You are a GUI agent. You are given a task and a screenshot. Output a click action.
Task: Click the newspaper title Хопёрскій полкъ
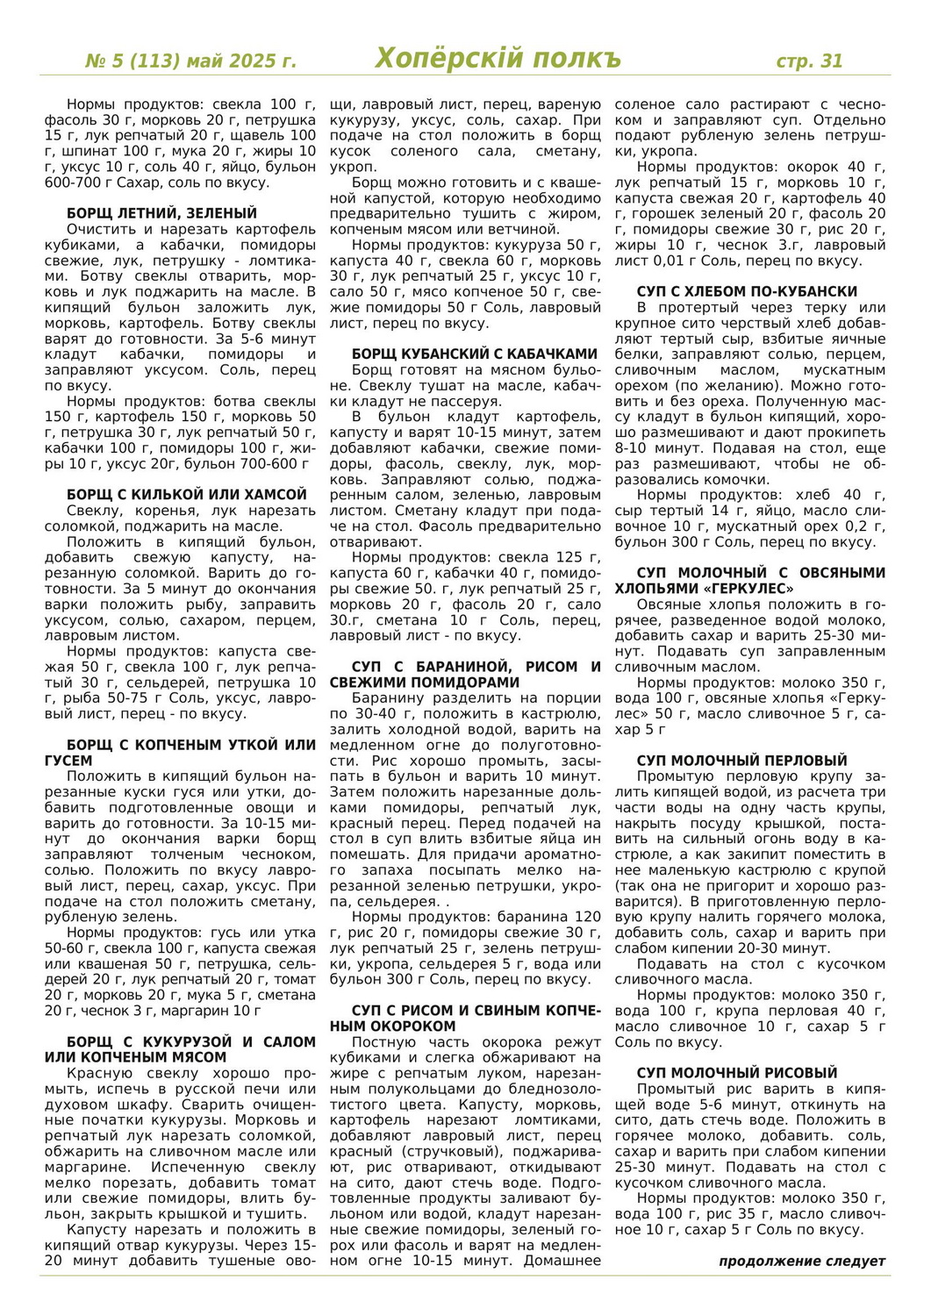[498, 58]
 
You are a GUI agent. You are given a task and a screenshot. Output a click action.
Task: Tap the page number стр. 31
[809, 61]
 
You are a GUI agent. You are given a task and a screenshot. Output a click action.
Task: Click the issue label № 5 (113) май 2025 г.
[190, 61]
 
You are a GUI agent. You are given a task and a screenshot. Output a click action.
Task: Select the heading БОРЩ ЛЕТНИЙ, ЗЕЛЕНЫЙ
[161, 213]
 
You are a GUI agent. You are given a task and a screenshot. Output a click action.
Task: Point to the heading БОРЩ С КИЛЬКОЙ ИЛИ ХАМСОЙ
[187, 495]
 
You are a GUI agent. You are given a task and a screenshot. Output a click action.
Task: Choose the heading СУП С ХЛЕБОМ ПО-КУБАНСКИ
[747, 291]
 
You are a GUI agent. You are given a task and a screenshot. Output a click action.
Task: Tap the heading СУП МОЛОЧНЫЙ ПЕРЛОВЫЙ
[741, 761]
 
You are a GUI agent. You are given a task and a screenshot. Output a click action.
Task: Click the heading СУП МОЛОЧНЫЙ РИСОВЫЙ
[737, 1073]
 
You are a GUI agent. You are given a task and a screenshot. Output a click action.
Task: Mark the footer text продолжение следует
[802, 1261]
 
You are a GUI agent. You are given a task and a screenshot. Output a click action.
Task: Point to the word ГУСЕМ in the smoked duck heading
[68, 761]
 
